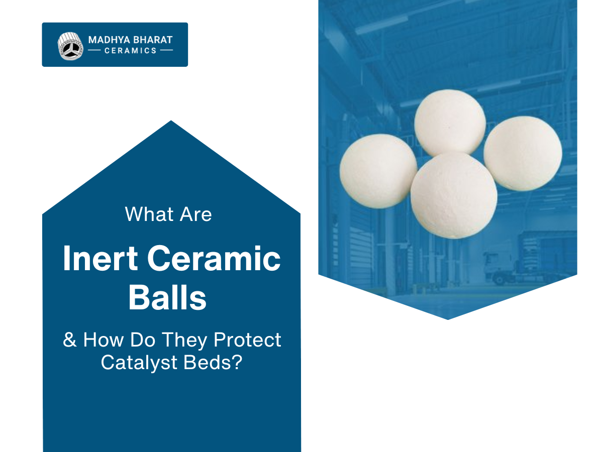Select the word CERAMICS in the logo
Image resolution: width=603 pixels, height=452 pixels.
pyautogui.click(x=131, y=51)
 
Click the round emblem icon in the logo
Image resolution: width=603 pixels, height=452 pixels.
pyautogui.click(x=69, y=46)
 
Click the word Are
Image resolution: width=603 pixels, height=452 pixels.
pyautogui.click(x=194, y=214)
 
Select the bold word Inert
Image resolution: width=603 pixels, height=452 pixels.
pyautogui.click(x=100, y=260)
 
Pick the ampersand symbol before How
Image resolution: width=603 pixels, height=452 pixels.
pyautogui.click(x=70, y=340)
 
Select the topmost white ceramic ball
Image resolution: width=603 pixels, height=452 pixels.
pyautogui.click(x=450, y=123)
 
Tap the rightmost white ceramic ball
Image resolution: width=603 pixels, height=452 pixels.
pyautogui.click(x=523, y=153)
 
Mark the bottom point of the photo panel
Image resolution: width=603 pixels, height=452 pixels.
pyautogui.click(x=447, y=318)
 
